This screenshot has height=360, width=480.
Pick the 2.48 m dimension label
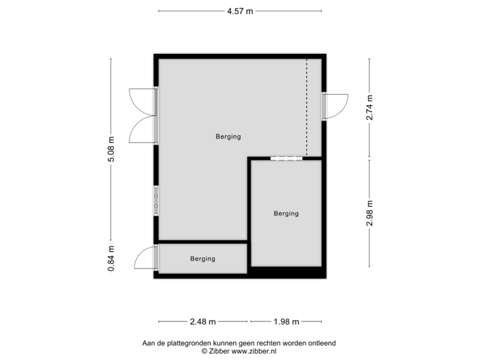[203, 322]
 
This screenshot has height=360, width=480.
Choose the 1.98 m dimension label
[286, 322]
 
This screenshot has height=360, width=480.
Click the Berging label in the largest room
[228, 137]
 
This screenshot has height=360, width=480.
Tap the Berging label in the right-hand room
[286, 213]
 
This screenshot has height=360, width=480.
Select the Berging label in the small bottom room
[203, 259]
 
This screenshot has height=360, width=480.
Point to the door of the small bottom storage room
[144, 258]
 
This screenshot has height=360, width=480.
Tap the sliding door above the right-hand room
[286, 159]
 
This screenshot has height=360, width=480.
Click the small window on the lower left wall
[155, 201]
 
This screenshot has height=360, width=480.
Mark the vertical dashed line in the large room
[307, 107]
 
